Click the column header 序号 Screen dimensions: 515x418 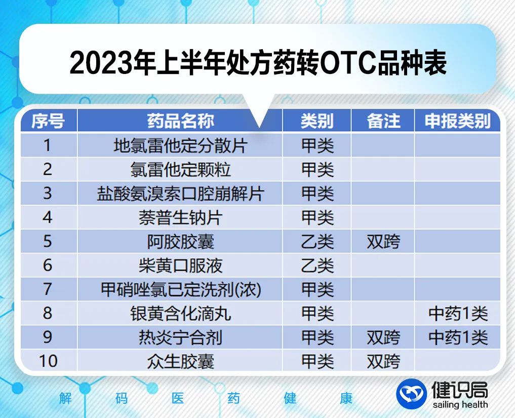[48, 121]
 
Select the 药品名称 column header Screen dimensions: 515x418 [180, 121]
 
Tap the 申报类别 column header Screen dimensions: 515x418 [457, 121]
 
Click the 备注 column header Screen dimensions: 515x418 [383, 121]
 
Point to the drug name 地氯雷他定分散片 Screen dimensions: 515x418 [180, 145]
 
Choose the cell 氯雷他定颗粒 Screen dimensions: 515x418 [180, 169]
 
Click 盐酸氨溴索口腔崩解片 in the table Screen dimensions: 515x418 [180, 193]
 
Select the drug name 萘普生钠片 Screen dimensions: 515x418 [180, 217]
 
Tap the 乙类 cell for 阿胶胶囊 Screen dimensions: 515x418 [318, 242]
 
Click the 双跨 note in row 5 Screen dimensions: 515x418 [383, 242]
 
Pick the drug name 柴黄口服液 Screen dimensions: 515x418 [180, 265]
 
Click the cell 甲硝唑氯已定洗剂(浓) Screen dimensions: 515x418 [180, 289]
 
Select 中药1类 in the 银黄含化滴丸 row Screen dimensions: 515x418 [458, 314]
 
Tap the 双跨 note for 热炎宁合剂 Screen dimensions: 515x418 [383, 337]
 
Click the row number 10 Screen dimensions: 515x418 [48, 361]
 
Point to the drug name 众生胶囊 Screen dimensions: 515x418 [180, 361]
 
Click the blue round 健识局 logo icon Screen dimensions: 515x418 [412, 394]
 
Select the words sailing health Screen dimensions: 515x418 [460, 404]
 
